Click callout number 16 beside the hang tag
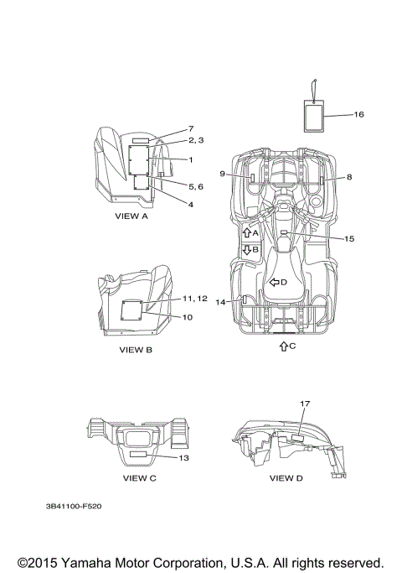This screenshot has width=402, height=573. click(359, 114)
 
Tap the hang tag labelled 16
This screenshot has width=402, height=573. click(314, 116)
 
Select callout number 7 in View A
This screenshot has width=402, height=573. click(191, 128)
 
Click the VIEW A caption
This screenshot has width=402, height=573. click(131, 216)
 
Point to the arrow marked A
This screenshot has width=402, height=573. click(247, 232)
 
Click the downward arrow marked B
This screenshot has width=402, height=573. click(247, 250)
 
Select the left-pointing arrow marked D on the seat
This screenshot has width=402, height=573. click(274, 282)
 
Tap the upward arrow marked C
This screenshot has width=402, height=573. click(283, 346)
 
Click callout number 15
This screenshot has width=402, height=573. click(349, 238)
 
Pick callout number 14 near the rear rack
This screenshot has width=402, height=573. click(220, 302)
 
